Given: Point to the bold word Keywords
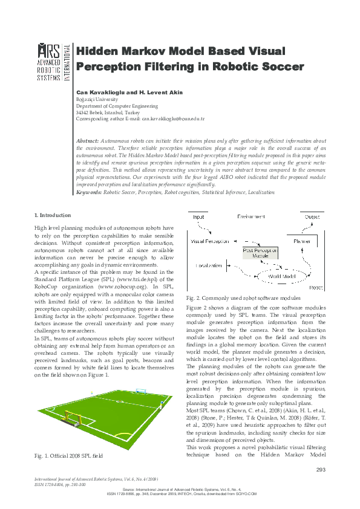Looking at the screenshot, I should [x=89, y=192].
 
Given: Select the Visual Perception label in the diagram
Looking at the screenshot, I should [x=210, y=241].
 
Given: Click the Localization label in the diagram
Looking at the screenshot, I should [x=211, y=265].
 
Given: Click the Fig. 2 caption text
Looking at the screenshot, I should [x=243, y=299].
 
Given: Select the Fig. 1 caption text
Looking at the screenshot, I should [x=68, y=455].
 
